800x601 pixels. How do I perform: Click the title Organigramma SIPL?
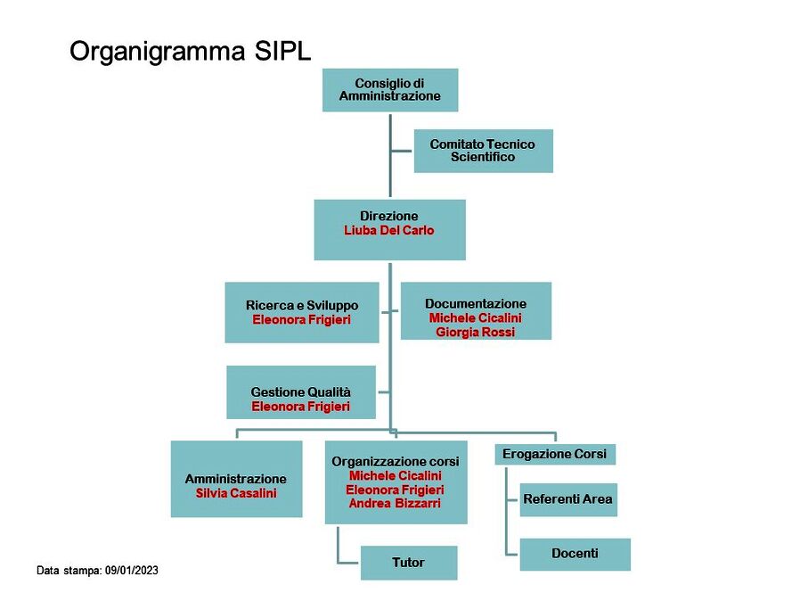[190, 52]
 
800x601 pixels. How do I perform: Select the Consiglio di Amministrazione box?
[390, 90]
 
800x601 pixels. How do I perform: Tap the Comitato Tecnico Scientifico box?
[483, 151]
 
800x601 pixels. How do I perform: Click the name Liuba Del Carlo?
[388, 230]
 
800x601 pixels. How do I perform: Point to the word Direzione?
[388, 216]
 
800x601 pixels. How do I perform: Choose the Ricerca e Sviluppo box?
[302, 312]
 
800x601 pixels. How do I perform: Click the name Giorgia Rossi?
[475, 333]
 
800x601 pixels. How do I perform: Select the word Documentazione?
[476, 304]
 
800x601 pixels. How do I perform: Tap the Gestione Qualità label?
[300, 392]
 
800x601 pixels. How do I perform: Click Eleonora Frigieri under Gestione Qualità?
[300, 407]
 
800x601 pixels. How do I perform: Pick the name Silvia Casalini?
[236, 493]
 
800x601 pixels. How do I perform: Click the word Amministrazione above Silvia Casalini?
[236, 479]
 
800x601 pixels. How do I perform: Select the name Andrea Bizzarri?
[395, 504]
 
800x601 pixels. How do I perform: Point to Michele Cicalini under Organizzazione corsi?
[396, 476]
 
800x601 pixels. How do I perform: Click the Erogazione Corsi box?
[555, 454]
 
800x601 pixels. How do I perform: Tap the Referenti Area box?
[568, 499]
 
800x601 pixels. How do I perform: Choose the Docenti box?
[575, 554]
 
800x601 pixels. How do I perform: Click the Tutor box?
[409, 563]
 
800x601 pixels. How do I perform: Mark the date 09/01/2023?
[132, 571]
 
